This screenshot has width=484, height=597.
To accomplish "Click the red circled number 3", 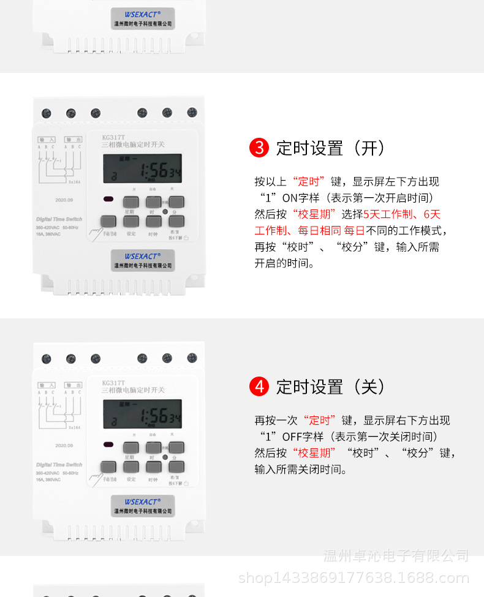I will click(x=259, y=148).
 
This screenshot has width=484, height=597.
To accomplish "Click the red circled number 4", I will click(x=259, y=387).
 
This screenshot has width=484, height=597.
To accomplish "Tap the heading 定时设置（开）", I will click(x=330, y=148).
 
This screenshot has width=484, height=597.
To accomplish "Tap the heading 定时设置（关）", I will click(x=330, y=387).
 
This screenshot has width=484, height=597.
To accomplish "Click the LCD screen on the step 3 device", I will click(x=142, y=172).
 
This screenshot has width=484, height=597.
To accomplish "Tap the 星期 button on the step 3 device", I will click(x=130, y=202).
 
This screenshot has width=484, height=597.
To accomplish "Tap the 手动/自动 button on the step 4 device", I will click(x=108, y=467).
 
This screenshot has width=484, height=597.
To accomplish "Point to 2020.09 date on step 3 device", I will click(x=64, y=200).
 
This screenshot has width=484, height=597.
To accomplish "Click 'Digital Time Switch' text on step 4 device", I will click(x=59, y=465).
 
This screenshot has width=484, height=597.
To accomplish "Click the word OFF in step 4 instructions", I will click(x=292, y=437).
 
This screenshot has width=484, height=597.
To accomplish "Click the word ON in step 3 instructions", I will click(x=289, y=198).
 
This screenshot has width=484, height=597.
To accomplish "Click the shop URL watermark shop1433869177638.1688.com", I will click(x=353, y=577).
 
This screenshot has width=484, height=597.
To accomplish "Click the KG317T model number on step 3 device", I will click(x=114, y=137).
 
